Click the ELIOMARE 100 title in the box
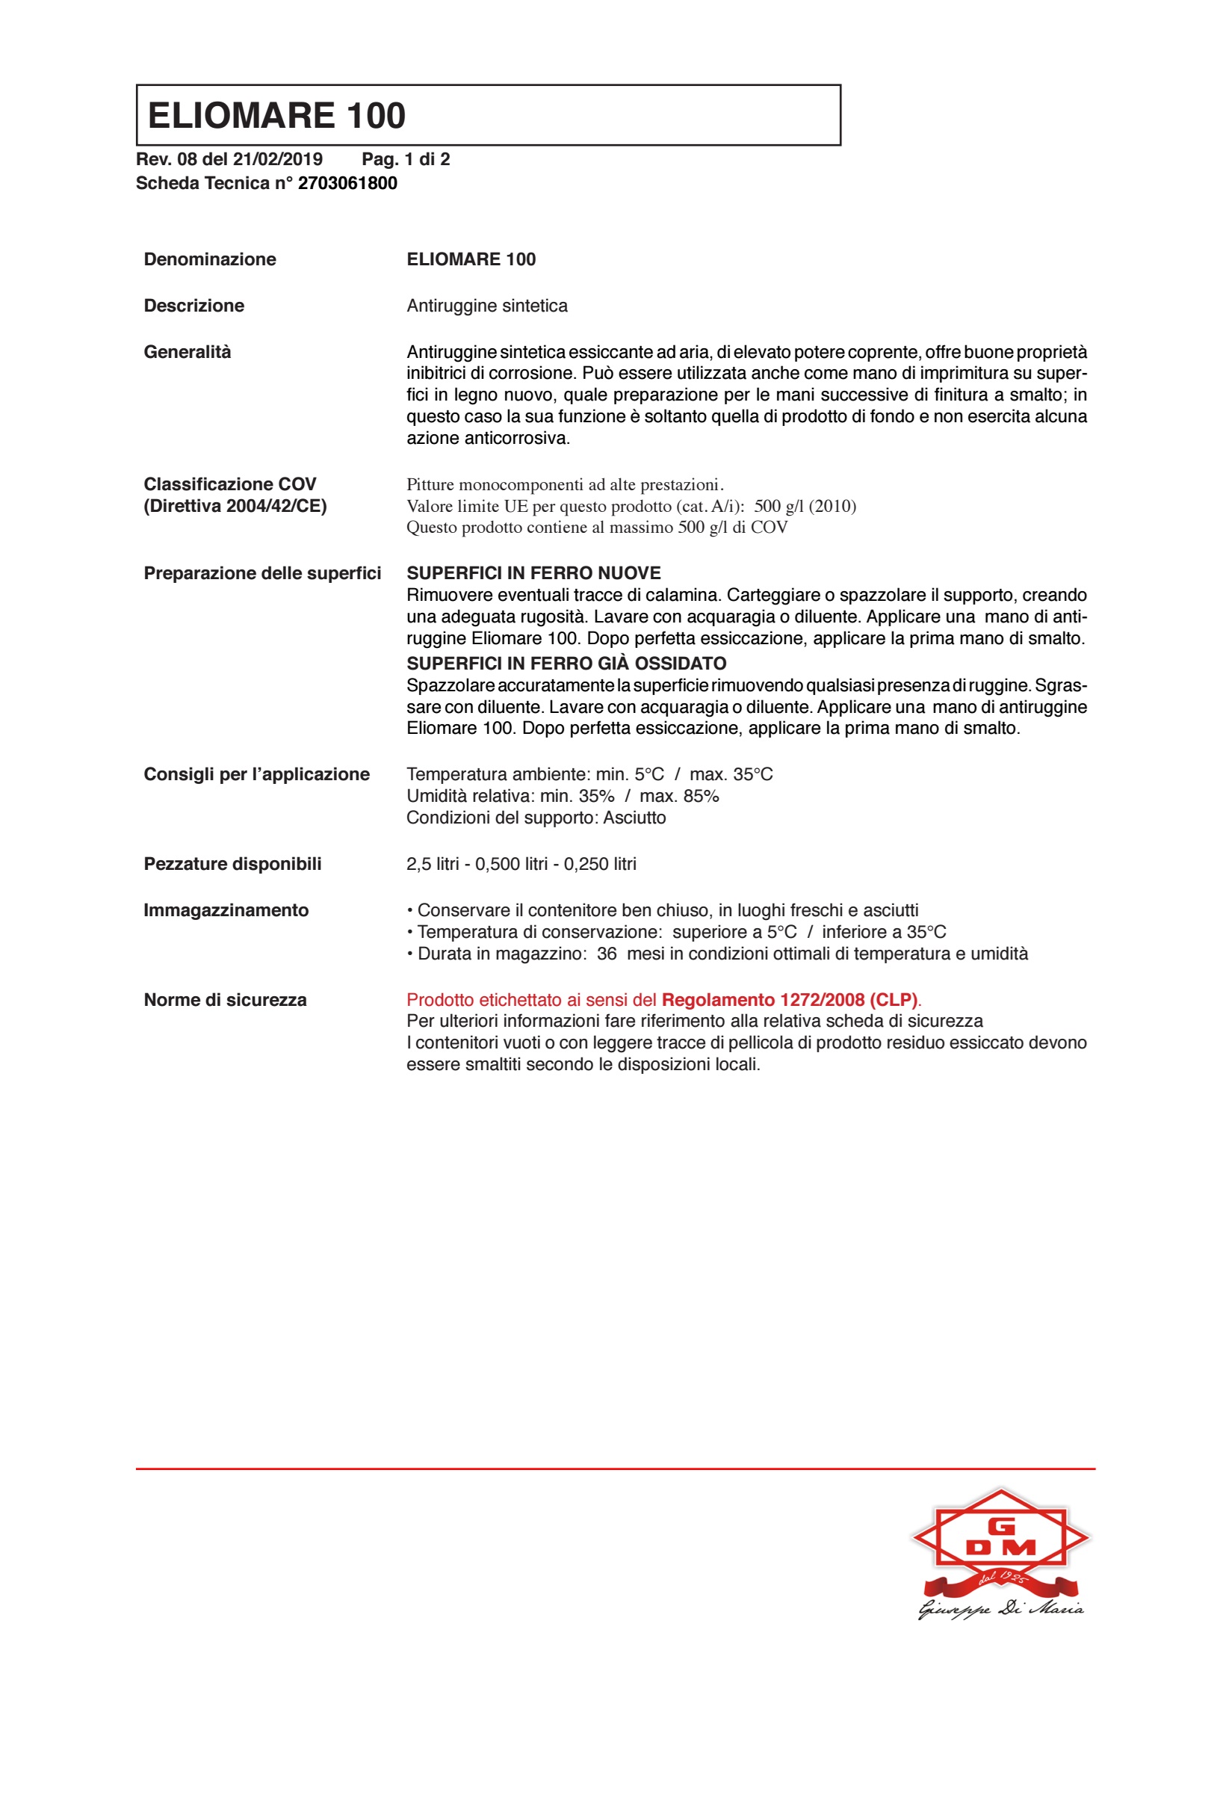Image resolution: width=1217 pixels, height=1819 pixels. tap(276, 116)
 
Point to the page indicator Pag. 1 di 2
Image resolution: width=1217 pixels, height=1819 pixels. tap(405, 159)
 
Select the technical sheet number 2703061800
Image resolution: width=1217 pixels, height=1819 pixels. tap(347, 183)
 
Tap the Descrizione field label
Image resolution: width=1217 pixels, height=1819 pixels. tap(194, 306)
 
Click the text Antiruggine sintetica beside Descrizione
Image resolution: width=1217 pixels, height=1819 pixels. tap(486, 306)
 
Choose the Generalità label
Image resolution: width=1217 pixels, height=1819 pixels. tap(187, 353)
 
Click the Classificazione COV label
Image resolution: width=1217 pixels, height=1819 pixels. tap(230, 484)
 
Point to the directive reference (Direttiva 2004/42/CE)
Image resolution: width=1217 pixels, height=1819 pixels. tap(235, 506)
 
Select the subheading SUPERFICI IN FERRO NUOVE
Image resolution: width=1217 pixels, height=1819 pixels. tap(533, 573)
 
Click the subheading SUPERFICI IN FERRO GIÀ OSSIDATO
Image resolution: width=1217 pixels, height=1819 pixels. tap(566, 664)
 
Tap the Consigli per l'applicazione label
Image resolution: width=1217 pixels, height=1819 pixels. tap(256, 774)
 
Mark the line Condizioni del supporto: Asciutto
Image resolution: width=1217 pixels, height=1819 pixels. tap(536, 818)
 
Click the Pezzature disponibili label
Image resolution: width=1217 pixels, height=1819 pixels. tap(232, 864)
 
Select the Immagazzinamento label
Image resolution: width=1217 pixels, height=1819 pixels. tap(226, 910)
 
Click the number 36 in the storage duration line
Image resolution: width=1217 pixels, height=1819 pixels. tap(606, 954)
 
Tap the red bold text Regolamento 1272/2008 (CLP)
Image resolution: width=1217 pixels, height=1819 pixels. tap(789, 1000)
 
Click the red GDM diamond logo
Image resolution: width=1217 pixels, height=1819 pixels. tap(1000, 1537)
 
